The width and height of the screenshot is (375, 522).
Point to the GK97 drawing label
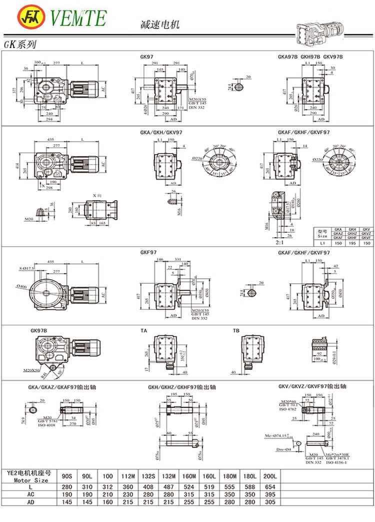tap(147, 57)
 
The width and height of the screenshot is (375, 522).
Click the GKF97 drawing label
tap(149, 253)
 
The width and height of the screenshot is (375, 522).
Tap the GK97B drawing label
tap(39, 331)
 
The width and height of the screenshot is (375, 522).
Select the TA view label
tap(143, 331)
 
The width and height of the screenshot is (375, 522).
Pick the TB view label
tap(236, 331)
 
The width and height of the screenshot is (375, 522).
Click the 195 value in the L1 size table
tap(352, 243)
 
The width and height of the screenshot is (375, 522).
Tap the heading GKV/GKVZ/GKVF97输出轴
tap(312, 386)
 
